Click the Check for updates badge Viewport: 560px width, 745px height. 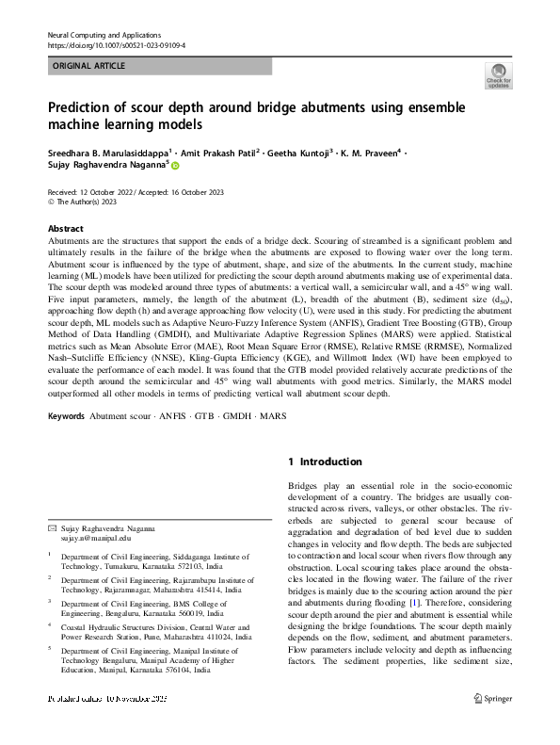pos(497,76)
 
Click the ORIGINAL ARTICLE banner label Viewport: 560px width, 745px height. pos(85,66)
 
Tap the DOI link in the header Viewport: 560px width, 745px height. pos(116,44)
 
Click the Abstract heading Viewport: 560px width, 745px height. pos(65,229)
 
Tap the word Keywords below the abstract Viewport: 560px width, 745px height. pos(66,415)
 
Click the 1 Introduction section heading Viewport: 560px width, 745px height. pos(325,462)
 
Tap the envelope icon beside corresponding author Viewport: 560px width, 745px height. pos(52,531)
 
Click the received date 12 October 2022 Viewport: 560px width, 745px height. pos(110,191)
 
